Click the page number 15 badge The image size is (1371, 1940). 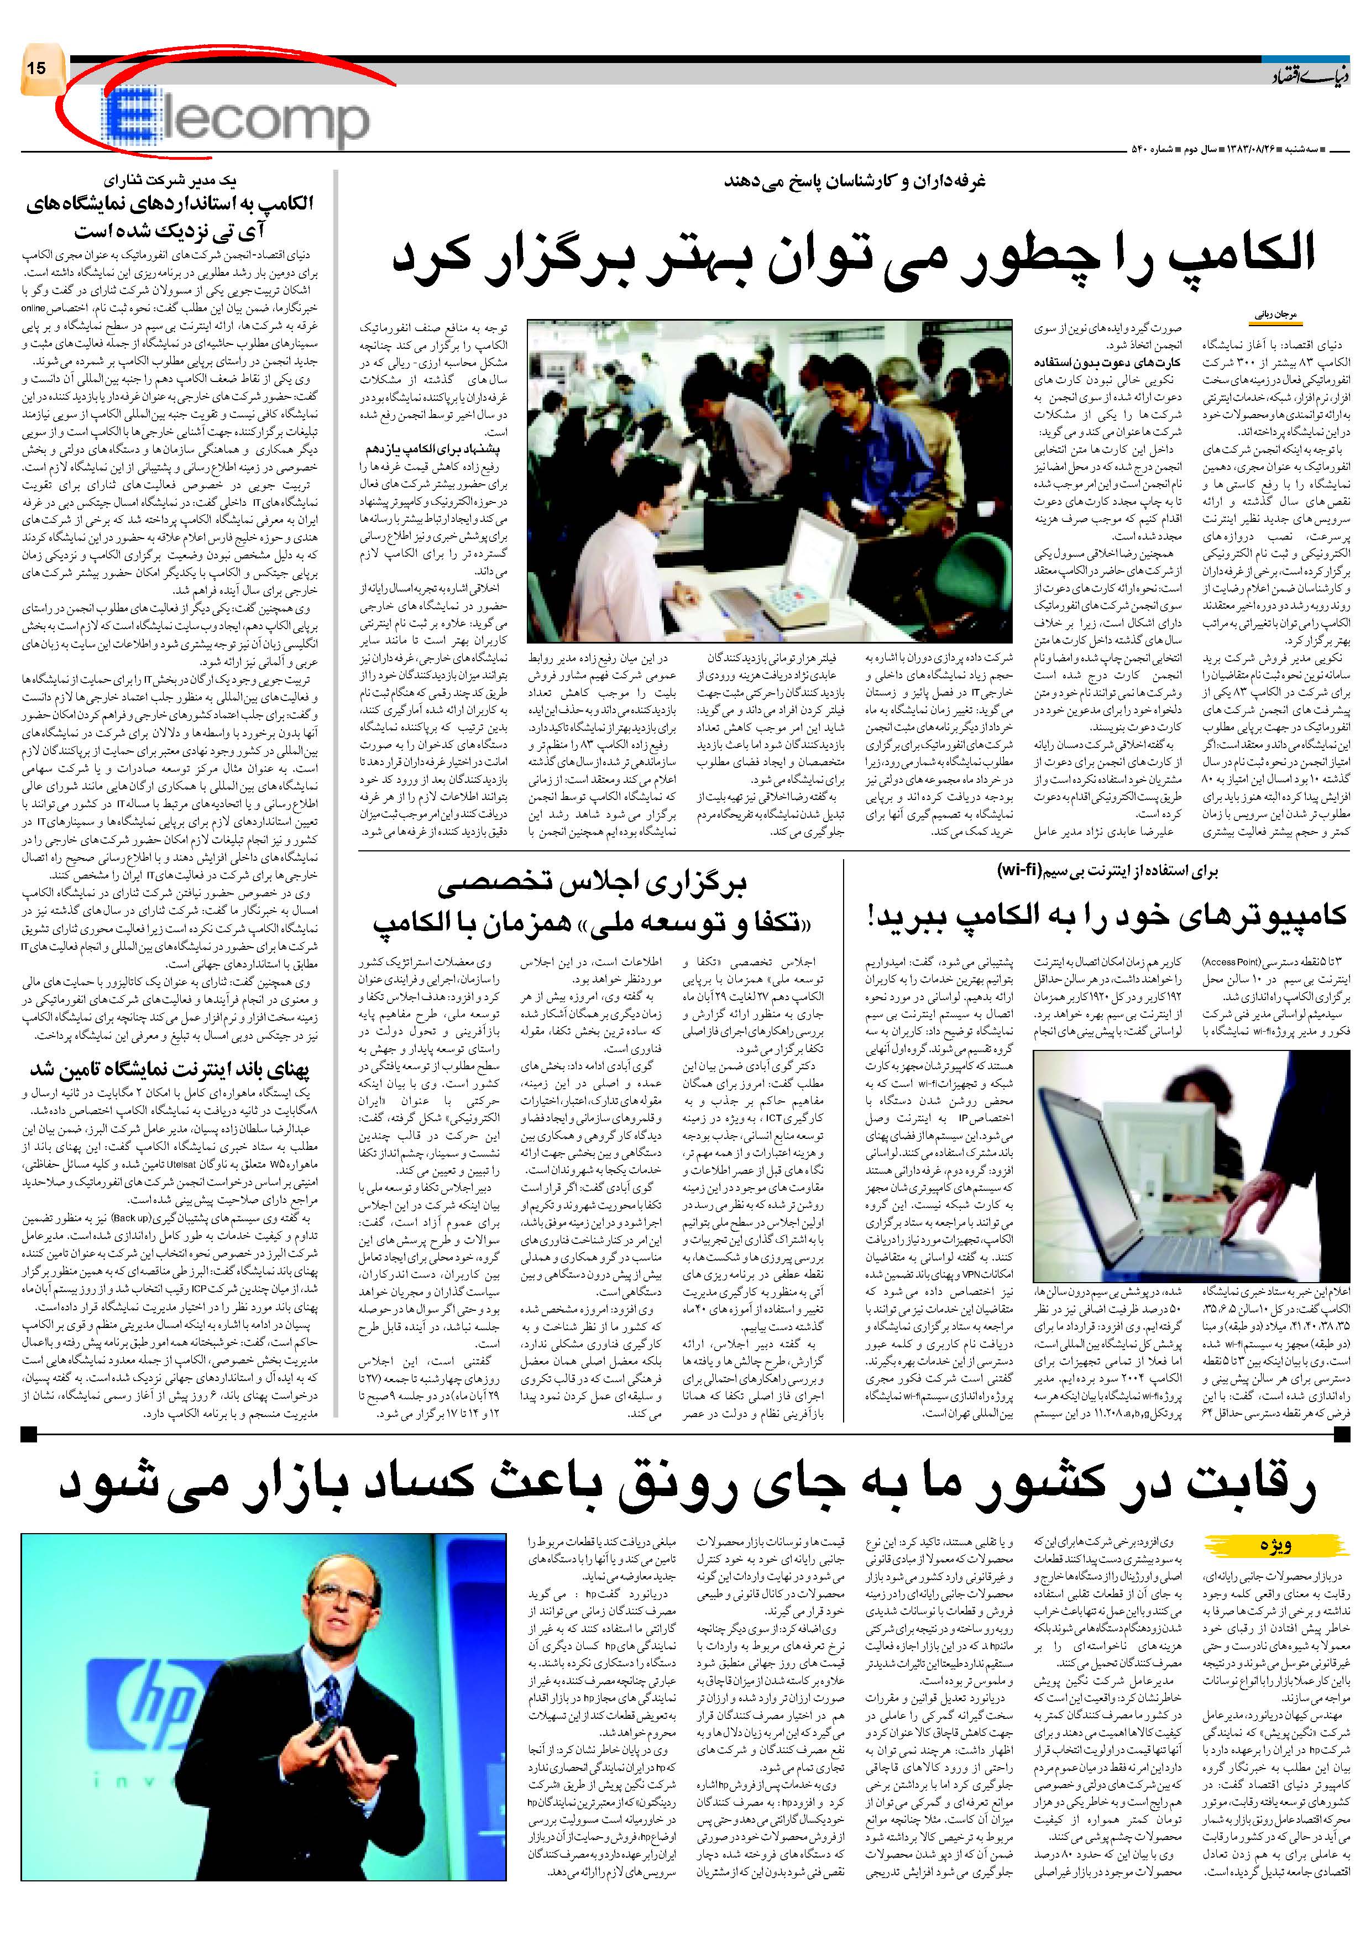(x=39, y=67)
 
